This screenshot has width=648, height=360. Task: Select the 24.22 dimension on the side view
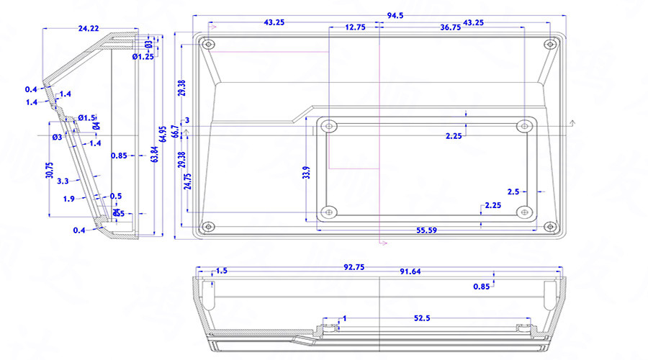[x=89, y=28]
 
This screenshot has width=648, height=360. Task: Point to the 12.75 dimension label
[x=355, y=27]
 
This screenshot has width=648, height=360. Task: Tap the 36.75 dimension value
[x=451, y=27]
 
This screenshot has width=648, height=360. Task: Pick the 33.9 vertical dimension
[x=307, y=172]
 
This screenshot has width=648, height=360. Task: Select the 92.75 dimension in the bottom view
[x=354, y=267]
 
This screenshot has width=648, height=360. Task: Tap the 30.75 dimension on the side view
[x=50, y=170]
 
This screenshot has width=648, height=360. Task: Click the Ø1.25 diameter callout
[x=143, y=56]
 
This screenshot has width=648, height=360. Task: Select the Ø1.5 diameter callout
[x=86, y=117]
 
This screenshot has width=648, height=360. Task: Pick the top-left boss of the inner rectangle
[x=328, y=125]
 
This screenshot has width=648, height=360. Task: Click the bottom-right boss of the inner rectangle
[x=525, y=212]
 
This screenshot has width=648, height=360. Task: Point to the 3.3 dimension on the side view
[x=63, y=181]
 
